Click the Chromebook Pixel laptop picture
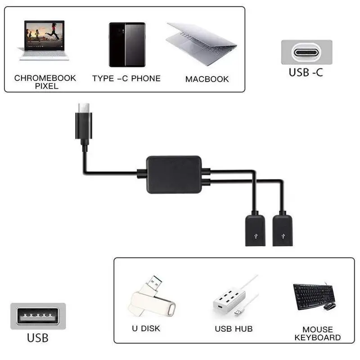(44, 40)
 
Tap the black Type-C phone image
(127, 45)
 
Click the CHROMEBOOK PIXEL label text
(45, 81)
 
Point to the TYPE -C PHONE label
(126, 78)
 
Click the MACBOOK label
(207, 79)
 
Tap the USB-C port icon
(306, 52)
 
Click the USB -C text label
(306, 72)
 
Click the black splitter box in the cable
(174, 175)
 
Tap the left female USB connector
(255, 229)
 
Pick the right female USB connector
(282, 229)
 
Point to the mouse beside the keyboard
(329, 306)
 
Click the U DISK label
(146, 328)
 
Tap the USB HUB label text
(234, 328)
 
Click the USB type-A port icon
(38, 316)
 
